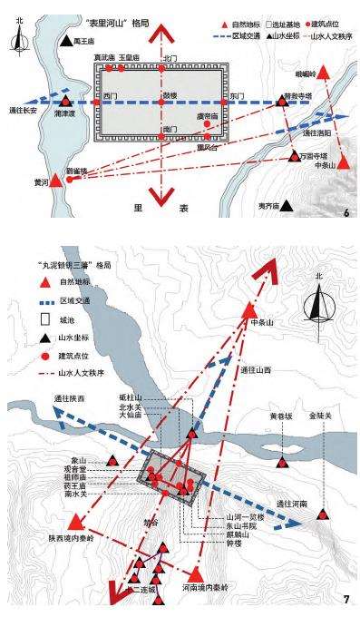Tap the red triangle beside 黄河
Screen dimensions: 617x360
(56, 180)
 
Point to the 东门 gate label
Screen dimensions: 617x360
(237, 94)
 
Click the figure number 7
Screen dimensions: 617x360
(345, 598)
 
